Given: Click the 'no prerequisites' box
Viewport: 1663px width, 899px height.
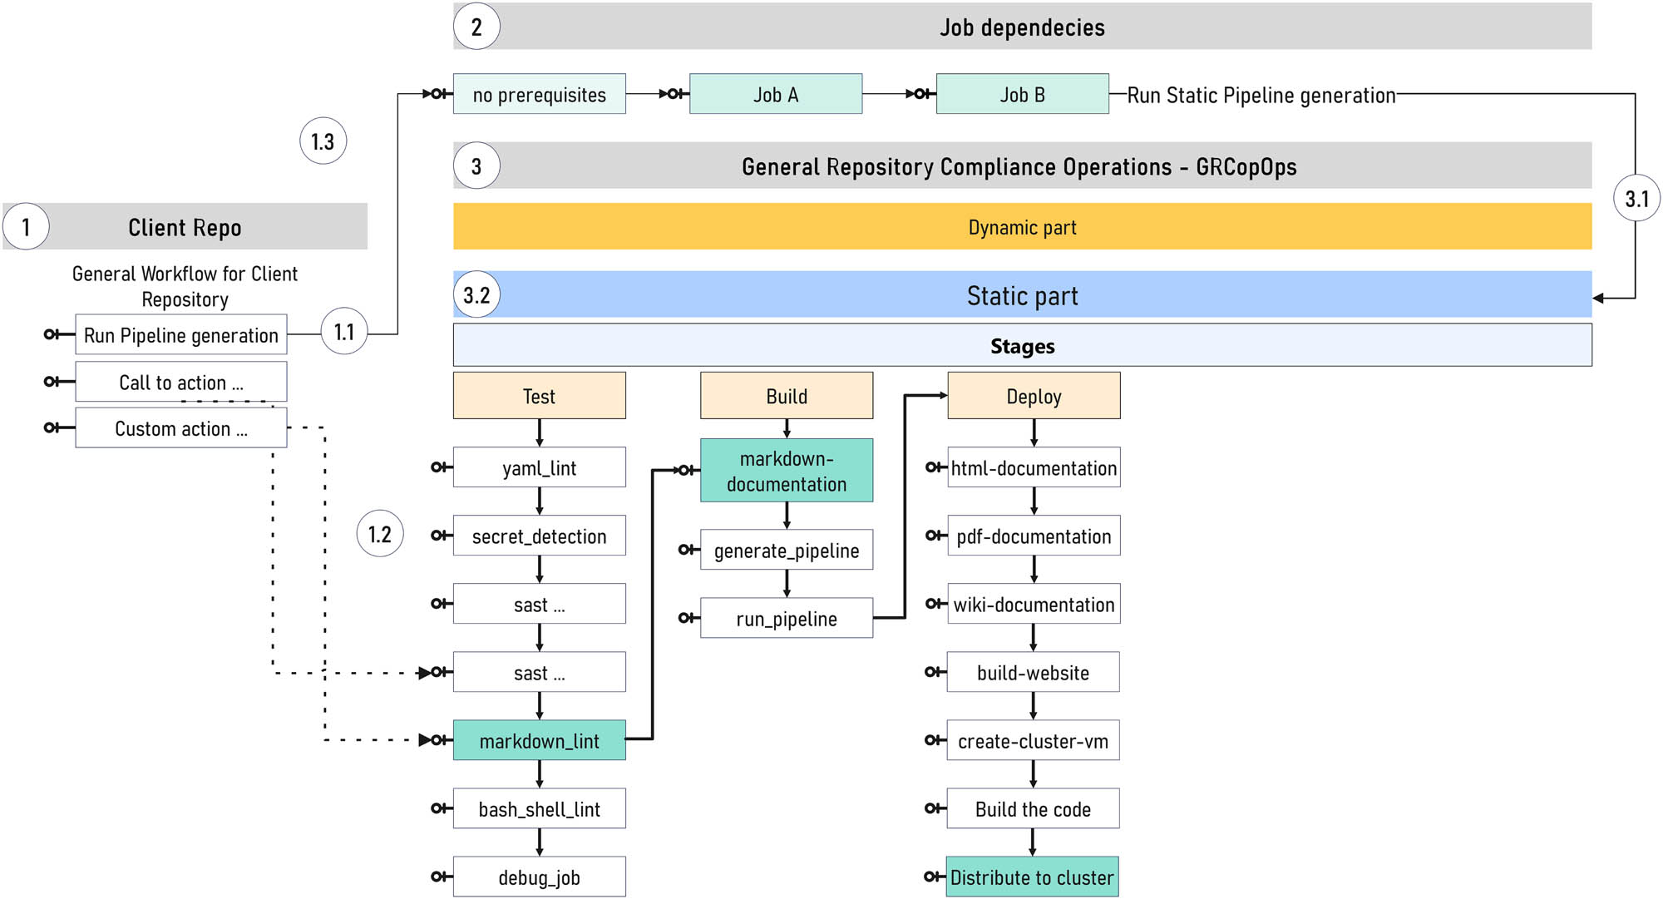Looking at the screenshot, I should (x=539, y=94).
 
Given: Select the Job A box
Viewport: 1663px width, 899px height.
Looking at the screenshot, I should (x=775, y=94).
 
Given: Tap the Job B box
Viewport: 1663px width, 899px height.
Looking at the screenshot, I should (x=1022, y=94).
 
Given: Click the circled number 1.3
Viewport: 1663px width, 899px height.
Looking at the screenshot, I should (x=323, y=141).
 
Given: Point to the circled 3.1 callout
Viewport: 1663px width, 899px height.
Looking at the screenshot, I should (x=1636, y=198).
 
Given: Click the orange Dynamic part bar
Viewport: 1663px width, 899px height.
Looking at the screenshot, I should (x=1022, y=226).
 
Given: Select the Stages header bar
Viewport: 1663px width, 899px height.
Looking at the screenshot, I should (x=1022, y=345).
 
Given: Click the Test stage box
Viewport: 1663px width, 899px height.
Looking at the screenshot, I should (x=539, y=395).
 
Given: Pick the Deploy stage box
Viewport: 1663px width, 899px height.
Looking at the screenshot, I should (x=1034, y=395).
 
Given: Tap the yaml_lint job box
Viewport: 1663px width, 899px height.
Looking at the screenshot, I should (x=539, y=467).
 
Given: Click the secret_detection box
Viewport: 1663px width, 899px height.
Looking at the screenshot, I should (x=539, y=536).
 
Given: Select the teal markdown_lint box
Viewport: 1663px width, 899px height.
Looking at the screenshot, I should (x=539, y=740).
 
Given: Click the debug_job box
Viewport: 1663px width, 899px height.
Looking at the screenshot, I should (x=539, y=877).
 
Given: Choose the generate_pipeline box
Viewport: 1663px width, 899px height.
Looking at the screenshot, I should (x=787, y=550).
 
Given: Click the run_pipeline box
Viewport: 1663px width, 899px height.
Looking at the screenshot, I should (x=787, y=618).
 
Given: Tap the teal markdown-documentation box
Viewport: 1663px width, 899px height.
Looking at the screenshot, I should (x=787, y=471).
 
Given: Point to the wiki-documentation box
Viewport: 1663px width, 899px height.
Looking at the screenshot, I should (x=1034, y=604).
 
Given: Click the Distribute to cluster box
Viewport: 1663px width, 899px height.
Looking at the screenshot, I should (x=1032, y=877).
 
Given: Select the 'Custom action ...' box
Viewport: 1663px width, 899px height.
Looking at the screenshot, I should (x=181, y=427).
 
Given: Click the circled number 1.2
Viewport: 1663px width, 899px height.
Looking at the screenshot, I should (x=380, y=534).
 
